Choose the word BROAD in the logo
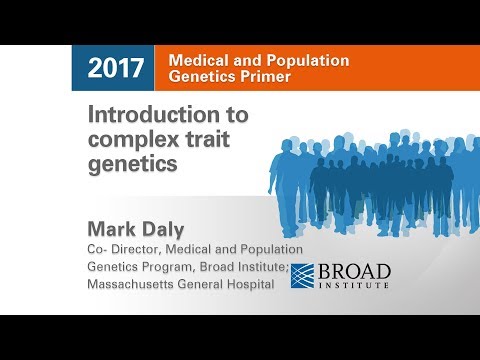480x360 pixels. (358, 271)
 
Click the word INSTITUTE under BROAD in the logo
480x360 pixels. (358, 286)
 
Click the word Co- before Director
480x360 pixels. (102, 248)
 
